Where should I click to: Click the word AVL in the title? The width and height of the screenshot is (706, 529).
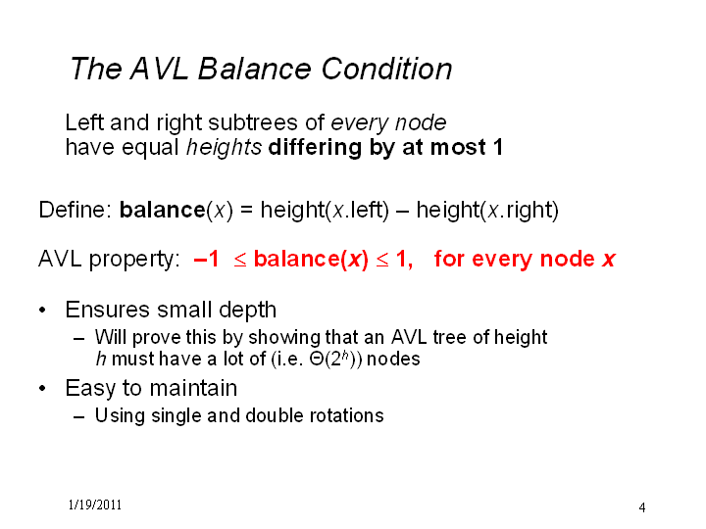pyautogui.click(x=160, y=69)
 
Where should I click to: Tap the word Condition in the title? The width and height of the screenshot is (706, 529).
pyautogui.click(x=386, y=69)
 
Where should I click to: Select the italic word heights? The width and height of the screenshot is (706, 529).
pyautogui.click(x=224, y=148)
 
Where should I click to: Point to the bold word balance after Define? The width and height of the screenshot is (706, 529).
pyautogui.click(x=163, y=210)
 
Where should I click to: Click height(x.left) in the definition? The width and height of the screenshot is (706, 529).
pyautogui.click(x=325, y=210)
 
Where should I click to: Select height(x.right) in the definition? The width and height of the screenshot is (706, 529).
pyautogui.click(x=487, y=210)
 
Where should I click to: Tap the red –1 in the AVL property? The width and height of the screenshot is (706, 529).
pyautogui.click(x=206, y=259)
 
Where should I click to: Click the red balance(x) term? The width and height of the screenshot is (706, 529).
pyautogui.click(x=311, y=259)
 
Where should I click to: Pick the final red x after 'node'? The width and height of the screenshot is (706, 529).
pyautogui.click(x=608, y=260)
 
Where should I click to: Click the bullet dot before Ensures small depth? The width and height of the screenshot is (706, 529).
pyautogui.click(x=42, y=310)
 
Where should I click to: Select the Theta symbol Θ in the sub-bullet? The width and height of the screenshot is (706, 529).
pyautogui.click(x=317, y=360)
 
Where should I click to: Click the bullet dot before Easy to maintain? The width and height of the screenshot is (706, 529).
pyautogui.click(x=42, y=388)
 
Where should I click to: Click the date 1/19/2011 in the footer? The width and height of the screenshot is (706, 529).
pyautogui.click(x=95, y=505)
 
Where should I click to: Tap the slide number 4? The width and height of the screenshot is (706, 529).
pyautogui.click(x=642, y=507)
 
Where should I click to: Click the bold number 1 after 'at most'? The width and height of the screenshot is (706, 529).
pyautogui.click(x=497, y=148)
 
